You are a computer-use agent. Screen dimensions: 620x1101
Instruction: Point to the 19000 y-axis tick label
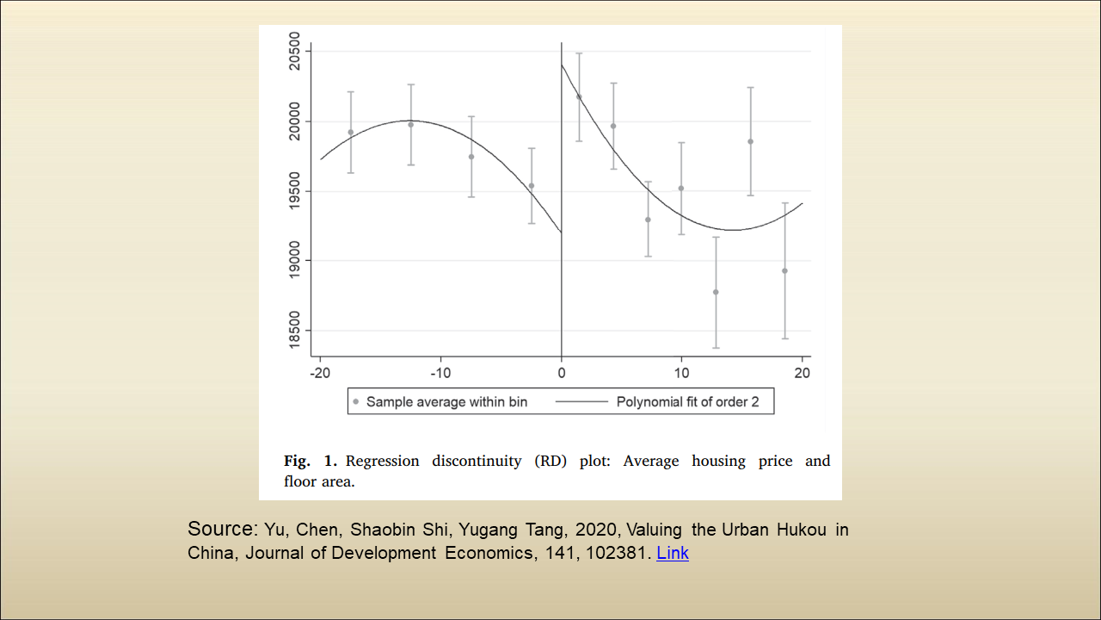pos(294,261)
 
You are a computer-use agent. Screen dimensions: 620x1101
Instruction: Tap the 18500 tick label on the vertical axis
pos(294,330)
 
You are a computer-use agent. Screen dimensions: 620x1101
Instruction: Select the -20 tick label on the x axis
pos(320,373)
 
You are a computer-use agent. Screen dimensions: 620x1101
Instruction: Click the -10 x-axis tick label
pos(440,373)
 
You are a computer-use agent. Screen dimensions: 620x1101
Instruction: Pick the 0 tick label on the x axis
pos(562,373)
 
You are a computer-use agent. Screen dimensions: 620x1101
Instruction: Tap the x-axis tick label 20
pos(802,373)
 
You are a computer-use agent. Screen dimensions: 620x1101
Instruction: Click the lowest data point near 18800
pos(716,292)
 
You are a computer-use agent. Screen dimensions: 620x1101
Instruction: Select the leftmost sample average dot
pos(351,132)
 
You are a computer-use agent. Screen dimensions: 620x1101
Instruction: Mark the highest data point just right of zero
pos(579,96)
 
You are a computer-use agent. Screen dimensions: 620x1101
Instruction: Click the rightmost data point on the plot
pos(784,270)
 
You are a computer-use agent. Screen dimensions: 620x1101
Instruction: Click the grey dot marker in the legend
pos(356,401)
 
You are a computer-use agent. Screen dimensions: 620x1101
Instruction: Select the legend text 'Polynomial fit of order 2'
pos(687,401)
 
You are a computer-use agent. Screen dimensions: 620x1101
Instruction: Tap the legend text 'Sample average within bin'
pos(446,401)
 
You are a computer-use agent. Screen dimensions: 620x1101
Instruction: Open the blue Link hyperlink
pos(673,553)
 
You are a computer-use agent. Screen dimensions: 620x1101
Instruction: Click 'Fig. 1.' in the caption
pos(311,461)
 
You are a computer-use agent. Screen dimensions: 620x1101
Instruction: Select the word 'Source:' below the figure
pos(221,529)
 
